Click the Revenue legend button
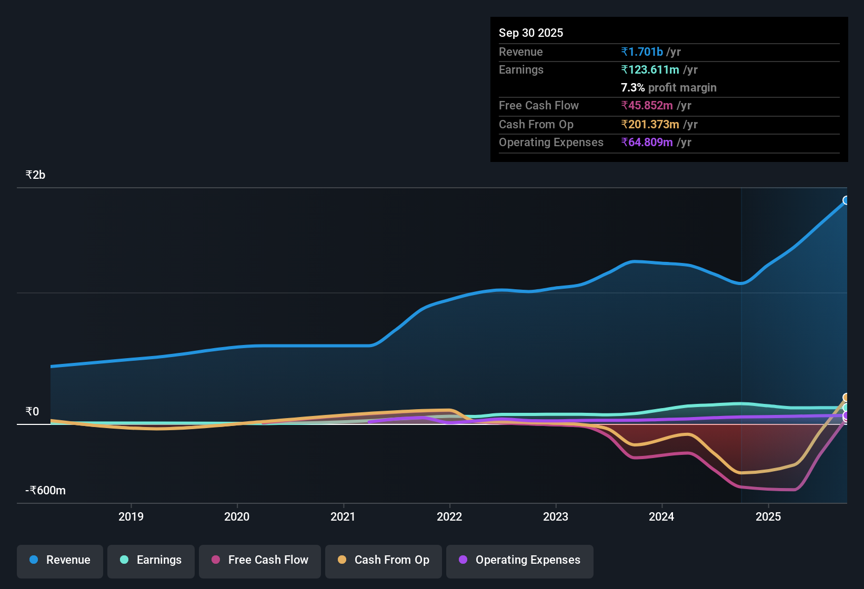tap(60, 560)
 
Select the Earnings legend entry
tap(151, 560)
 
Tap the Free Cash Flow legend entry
tap(260, 560)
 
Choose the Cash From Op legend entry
tap(384, 560)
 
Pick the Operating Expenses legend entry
tap(520, 560)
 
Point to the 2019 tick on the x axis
tap(131, 516)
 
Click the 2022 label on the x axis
tap(449, 516)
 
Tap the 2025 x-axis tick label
tap(768, 516)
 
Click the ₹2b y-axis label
tap(35, 175)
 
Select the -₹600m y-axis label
tap(46, 491)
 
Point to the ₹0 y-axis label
tap(32, 412)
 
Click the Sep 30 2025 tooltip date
tap(531, 33)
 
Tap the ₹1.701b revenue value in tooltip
tap(642, 52)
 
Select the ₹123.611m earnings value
tap(650, 69)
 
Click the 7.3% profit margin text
tap(668, 87)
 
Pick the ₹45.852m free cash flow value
tap(647, 105)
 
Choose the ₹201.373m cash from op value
tap(650, 124)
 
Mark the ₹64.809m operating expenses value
tap(647, 142)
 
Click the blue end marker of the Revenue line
tap(846, 200)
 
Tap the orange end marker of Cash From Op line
tap(846, 398)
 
